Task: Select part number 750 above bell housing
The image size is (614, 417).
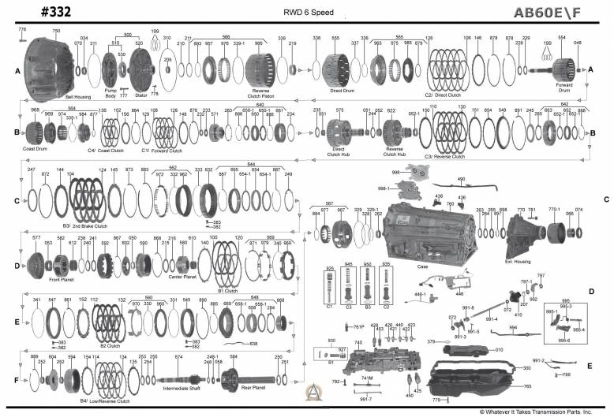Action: tap(56, 30)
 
